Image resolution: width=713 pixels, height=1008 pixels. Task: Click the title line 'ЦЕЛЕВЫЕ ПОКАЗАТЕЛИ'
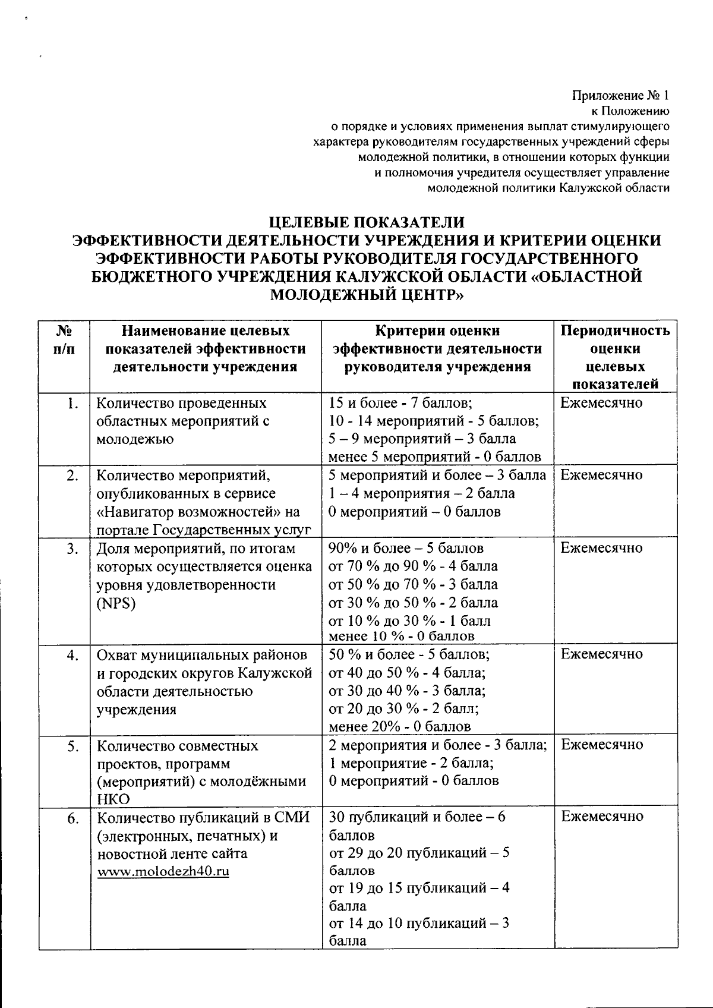[366, 222]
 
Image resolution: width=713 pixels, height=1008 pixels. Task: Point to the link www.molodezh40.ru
[163, 872]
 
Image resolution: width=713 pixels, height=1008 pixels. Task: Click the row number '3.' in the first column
[72, 549]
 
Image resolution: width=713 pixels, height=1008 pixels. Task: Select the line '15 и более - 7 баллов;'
[400, 404]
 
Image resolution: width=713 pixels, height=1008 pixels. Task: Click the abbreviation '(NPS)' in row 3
[116, 603]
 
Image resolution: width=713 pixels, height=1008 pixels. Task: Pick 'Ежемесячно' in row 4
[601, 654]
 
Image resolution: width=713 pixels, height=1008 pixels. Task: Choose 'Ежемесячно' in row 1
[601, 404]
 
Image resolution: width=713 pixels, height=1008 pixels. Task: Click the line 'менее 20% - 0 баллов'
[399, 726]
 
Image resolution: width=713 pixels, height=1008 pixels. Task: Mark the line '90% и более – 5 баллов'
[406, 548]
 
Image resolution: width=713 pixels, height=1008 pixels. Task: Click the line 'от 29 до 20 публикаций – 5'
[418, 853]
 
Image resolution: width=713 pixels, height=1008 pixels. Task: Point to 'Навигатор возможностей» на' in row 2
[198, 512]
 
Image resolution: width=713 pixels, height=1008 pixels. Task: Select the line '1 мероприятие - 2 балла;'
[412, 763]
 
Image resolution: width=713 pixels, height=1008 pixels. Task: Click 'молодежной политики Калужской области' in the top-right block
[548, 188]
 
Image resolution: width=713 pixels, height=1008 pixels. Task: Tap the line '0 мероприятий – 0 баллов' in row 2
[414, 512]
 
